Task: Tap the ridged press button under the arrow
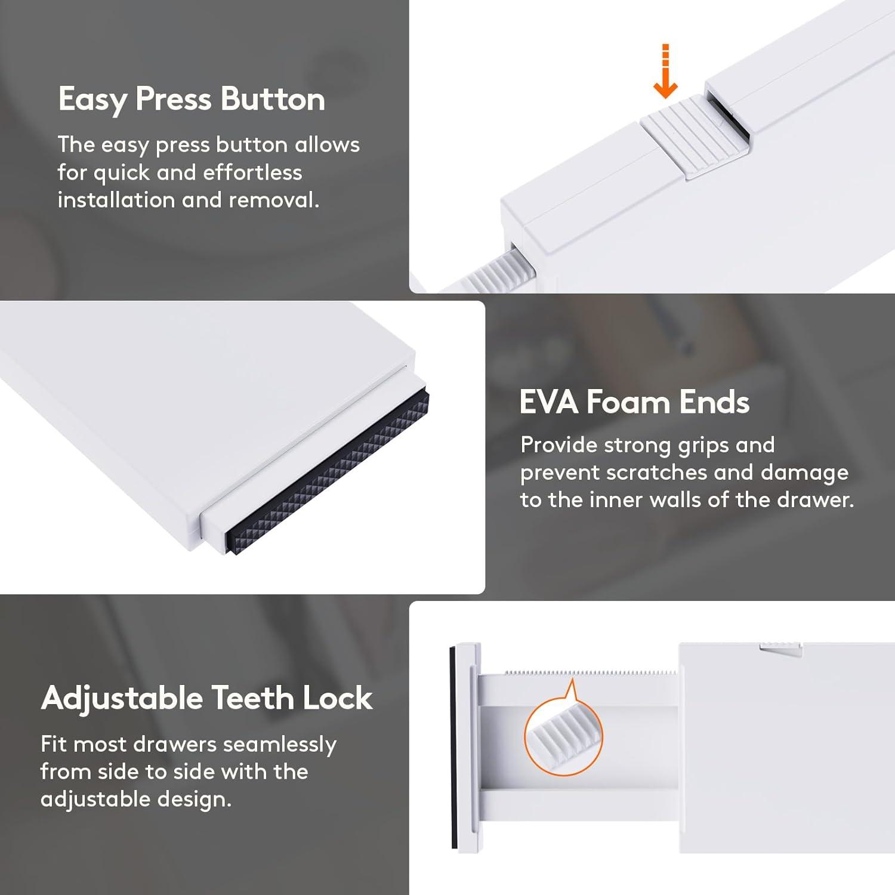point(696,137)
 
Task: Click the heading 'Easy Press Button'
point(192,99)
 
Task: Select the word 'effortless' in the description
point(252,172)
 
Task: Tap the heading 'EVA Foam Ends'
point(634,402)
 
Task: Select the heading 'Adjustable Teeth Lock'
point(207,698)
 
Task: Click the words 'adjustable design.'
point(136,800)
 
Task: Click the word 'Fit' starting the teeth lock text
point(54,744)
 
